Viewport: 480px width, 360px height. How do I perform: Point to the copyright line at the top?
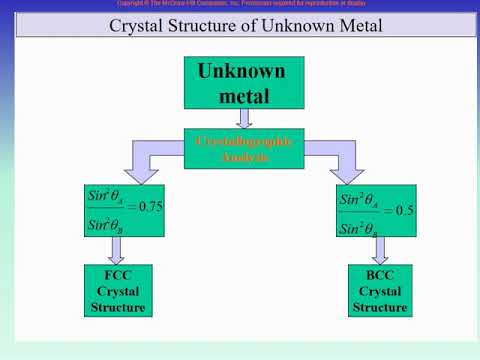(240, 5)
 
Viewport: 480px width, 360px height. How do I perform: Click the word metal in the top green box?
(240, 97)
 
